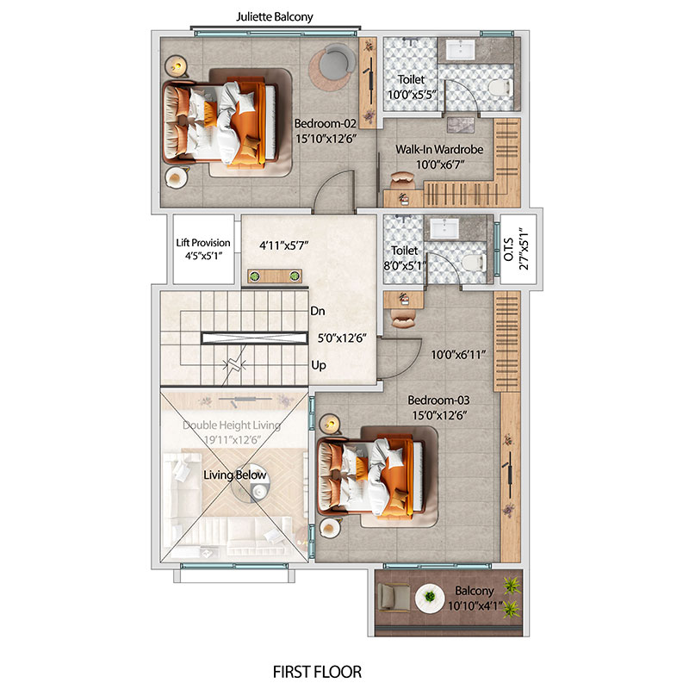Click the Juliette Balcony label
point(274,17)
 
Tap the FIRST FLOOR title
point(317,672)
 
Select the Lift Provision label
point(203,243)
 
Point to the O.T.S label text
point(508,250)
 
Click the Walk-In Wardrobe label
point(439,149)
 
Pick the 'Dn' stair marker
point(317,311)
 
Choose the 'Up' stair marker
point(319,365)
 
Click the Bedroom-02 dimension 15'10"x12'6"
point(326,139)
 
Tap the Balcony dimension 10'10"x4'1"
point(475,606)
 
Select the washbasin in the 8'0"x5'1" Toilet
point(444,228)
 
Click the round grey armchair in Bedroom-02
point(337,60)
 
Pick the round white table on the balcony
point(430,598)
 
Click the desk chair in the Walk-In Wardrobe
point(402,180)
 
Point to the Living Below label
point(234,475)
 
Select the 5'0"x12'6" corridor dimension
point(342,338)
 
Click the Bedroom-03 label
point(438,400)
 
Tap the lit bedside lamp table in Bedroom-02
point(177,67)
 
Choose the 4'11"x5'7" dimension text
point(284,245)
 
